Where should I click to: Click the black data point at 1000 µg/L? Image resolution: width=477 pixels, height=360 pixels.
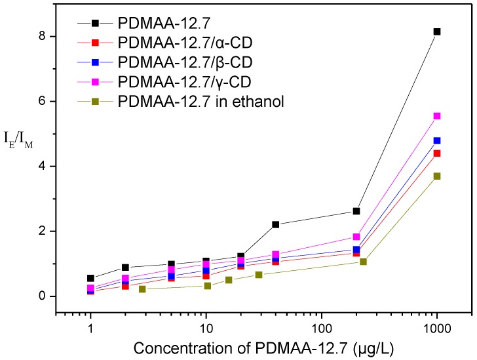point(437,31)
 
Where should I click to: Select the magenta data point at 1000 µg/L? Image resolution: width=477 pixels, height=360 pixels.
point(437,116)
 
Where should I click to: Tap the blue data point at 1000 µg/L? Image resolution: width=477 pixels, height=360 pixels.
point(437,140)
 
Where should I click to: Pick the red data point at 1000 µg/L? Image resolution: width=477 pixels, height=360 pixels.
point(437,153)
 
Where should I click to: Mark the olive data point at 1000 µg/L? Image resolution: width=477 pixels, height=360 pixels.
point(437,176)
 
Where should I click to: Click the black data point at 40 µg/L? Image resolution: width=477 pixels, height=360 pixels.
point(276,224)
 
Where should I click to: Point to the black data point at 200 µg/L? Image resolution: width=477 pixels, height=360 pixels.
point(356,211)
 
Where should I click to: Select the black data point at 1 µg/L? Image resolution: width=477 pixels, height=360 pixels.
point(90,278)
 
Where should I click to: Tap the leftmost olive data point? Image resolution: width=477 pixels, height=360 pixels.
point(142,289)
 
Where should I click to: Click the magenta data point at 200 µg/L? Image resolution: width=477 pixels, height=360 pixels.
point(356,237)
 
